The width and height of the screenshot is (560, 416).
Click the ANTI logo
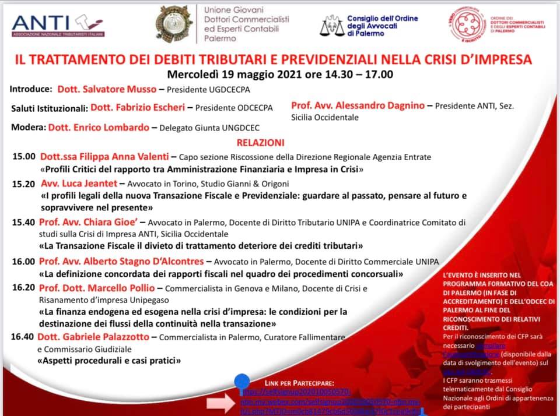58,24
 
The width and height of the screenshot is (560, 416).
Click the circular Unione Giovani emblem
174,24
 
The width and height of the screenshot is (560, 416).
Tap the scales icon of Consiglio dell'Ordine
332,26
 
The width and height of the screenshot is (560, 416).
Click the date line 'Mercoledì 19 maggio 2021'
280,75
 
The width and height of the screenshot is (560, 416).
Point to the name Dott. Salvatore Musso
107,90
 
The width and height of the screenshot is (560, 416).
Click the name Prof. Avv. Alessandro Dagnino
358,106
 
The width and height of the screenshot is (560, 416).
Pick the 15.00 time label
24,157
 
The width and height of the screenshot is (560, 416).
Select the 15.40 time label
24,223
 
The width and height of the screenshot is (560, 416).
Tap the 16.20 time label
24,288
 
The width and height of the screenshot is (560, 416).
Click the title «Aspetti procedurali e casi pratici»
110,361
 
